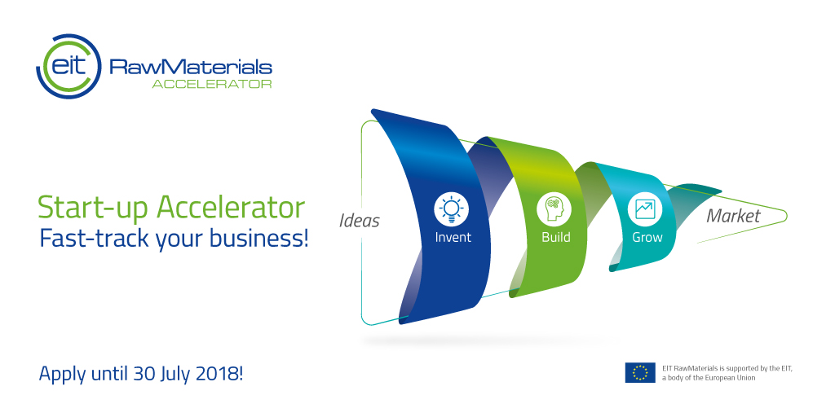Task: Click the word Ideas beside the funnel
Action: point(360,221)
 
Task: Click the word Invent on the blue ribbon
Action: point(453,238)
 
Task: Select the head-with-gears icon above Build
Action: point(554,209)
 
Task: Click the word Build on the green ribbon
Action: point(555,238)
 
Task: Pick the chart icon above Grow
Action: point(643,209)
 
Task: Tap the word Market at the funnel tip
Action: point(733,216)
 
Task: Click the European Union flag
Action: point(640,373)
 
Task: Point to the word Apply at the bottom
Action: point(60,375)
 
